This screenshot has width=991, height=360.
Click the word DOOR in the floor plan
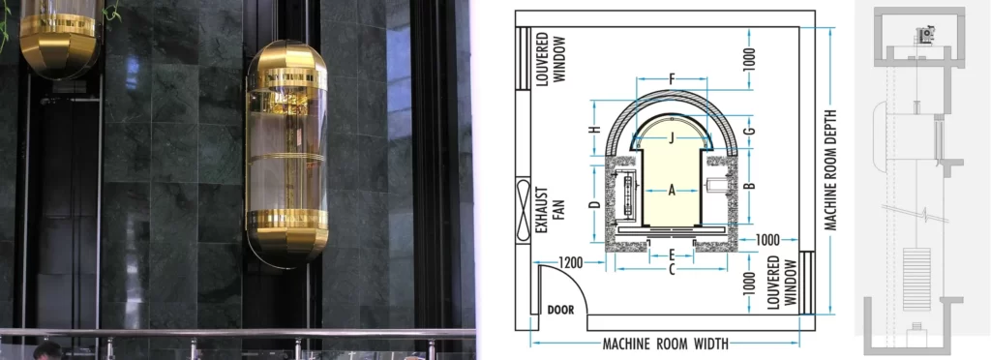560,311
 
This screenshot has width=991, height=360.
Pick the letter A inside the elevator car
671,191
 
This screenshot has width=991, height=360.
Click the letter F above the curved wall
671,77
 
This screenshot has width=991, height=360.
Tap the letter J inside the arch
671,137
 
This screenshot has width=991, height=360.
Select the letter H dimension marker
595,130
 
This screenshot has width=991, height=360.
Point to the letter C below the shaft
671,270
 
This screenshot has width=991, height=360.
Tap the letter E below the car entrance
671,255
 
